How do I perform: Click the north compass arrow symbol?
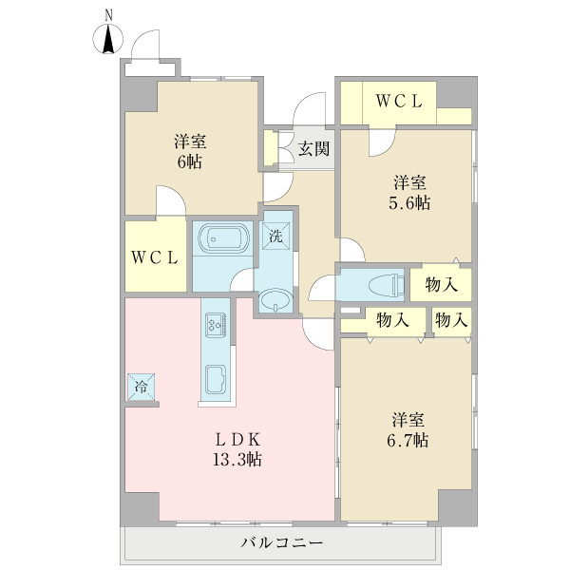click(x=110, y=40)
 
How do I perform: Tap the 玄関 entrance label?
click(x=314, y=148)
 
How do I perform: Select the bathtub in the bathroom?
click(x=221, y=239)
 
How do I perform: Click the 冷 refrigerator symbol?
click(x=142, y=387)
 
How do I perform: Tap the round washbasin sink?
click(x=275, y=301)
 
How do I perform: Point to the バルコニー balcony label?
click(x=282, y=544)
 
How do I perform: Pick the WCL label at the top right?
click(x=398, y=102)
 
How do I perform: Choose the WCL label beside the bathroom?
click(x=155, y=256)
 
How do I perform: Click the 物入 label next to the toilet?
click(x=442, y=284)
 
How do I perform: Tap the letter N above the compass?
click(x=110, y=14)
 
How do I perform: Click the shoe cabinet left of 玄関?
click(x=271, y=148)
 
